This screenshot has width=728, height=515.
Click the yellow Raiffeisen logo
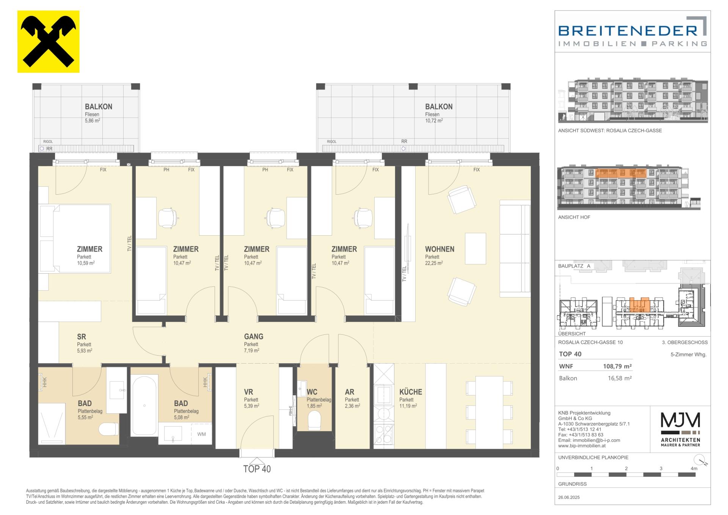pos(49,41)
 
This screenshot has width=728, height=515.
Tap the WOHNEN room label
pos(439,249)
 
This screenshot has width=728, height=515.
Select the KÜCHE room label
pos(411,392)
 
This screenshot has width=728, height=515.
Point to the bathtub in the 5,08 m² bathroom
pos(144,405)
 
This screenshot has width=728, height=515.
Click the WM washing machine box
pos(201,434)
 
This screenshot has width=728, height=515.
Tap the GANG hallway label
pos(254,337)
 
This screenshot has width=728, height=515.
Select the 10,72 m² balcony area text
pos(434,121)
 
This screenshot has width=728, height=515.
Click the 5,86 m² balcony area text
pos(93,121)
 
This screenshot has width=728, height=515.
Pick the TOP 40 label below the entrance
pos(257,469)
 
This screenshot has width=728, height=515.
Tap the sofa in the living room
pos(515,249)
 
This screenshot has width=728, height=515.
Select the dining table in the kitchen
pos(489,412)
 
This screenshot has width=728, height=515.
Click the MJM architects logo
pos(681,429)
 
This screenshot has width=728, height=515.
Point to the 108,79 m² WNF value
pos(617,367)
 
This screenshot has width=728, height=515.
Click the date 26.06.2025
pos(569,497)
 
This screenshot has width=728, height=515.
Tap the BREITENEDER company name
pos(628,30)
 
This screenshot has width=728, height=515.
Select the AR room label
pos(349,392)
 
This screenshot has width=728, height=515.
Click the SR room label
pos(82,337)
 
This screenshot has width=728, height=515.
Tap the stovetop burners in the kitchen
pos(384,434)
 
